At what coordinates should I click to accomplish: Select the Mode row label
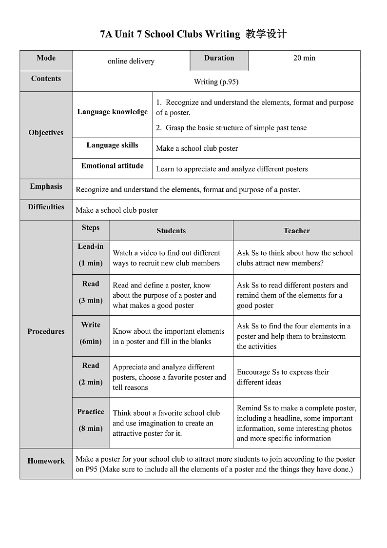pyautogui.click(x=46, y=58)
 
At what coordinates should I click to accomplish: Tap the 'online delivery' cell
pyautogui.click(x=131, y=61)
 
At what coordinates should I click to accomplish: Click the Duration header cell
pyautogui.click(x=219, y=58)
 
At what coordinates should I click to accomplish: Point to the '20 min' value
pyautogui.click(x=304, y=58)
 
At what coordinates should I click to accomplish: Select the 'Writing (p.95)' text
pyautogui.click(x=216, y=81)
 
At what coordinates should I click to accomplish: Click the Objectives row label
pyautogui.click(x=46, y=133)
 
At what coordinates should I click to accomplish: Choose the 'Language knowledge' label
pyautogui.click(x=112, y=112)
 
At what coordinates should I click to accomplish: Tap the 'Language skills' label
pyautogui.click(x=112, y=145)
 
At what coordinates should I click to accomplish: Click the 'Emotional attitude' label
pyautogui.click(x=112, y=166)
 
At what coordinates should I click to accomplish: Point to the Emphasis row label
pyautogui.click(x=46, y=186)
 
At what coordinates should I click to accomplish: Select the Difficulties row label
pyautogui.click(x=46, y=207)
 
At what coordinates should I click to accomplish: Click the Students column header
pyautogui.click(x=171, y=231)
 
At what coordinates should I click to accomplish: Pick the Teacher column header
pyautogui.click(x=296, y=231)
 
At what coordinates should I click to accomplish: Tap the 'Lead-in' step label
pyautogui.click(x=91, y=246)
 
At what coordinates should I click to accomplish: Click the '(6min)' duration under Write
pyautogui.click(x=91, y=342)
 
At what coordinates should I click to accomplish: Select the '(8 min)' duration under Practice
pyautogui.click(x=91, y=428)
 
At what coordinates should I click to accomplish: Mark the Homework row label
pyautogui.click(x=46, y=461)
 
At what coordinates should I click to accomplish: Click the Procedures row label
pyautogui.click(x=46, y=331)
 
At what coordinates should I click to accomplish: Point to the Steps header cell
pyautogui.click(x=91, y=228)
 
